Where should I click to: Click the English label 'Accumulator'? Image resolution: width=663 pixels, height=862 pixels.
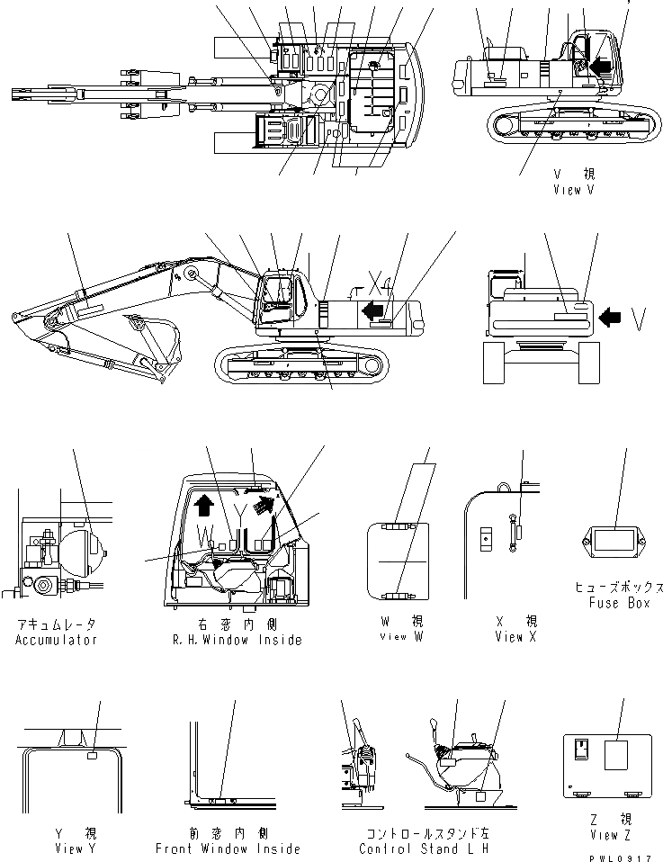(56, 640)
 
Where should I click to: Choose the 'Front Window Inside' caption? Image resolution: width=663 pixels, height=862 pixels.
(228, 849)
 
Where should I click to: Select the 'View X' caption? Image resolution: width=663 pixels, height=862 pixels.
(515, 637)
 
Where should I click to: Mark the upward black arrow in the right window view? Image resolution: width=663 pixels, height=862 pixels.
(202, 507)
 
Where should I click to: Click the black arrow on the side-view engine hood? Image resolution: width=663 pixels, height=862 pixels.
(371, 311)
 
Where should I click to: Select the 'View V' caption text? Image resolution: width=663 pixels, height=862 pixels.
(575, 190)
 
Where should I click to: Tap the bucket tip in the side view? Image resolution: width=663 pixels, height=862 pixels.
(15, 315)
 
